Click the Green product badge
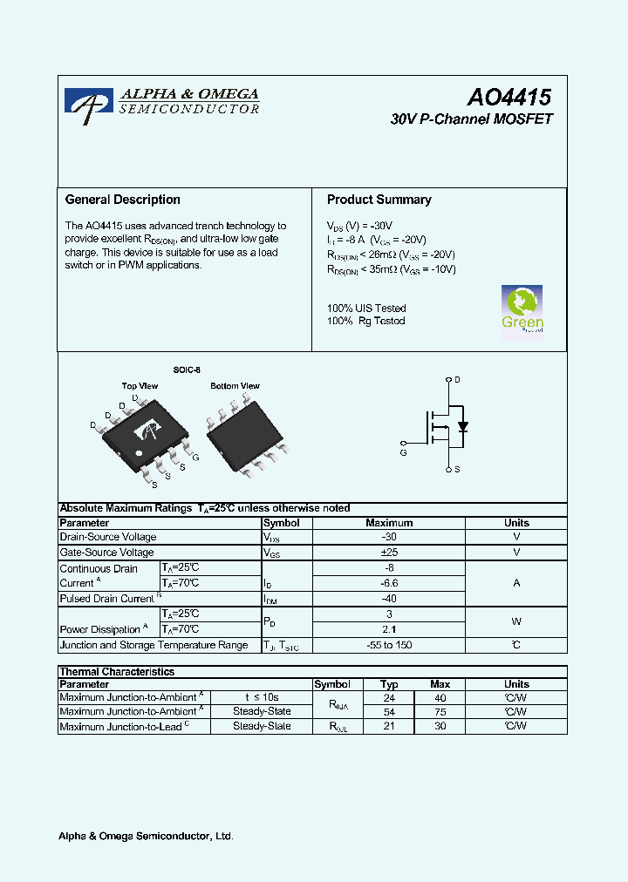point(522,309)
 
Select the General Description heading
point(123,200)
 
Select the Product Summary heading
point(379,200)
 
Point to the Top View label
point(140,385)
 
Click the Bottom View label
point(235,385)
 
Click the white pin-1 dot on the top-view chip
point(137,454)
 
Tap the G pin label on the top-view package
point(195,457)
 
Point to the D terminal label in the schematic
point(457,380)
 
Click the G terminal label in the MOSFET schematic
point(403,452)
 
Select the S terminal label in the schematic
point(457,470)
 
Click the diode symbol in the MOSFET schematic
point(463,426)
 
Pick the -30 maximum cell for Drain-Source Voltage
point(388,538)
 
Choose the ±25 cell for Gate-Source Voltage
point(388,553)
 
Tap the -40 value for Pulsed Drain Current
point(388,599)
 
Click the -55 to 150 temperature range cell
point(388,645)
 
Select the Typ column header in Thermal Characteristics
point(389,685)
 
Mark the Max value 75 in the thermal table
point(440,712)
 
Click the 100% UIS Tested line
point(366,308)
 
